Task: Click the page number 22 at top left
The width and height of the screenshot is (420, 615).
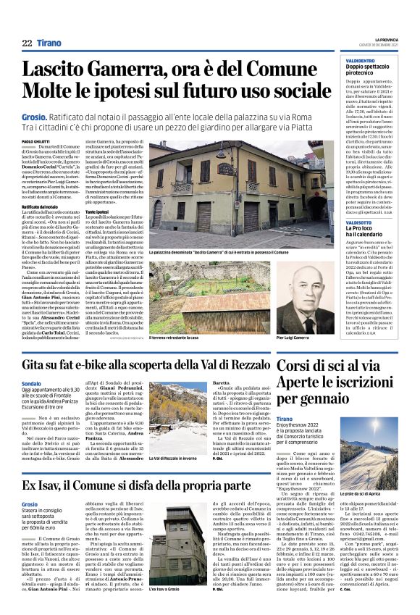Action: click(x=27, y=43)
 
